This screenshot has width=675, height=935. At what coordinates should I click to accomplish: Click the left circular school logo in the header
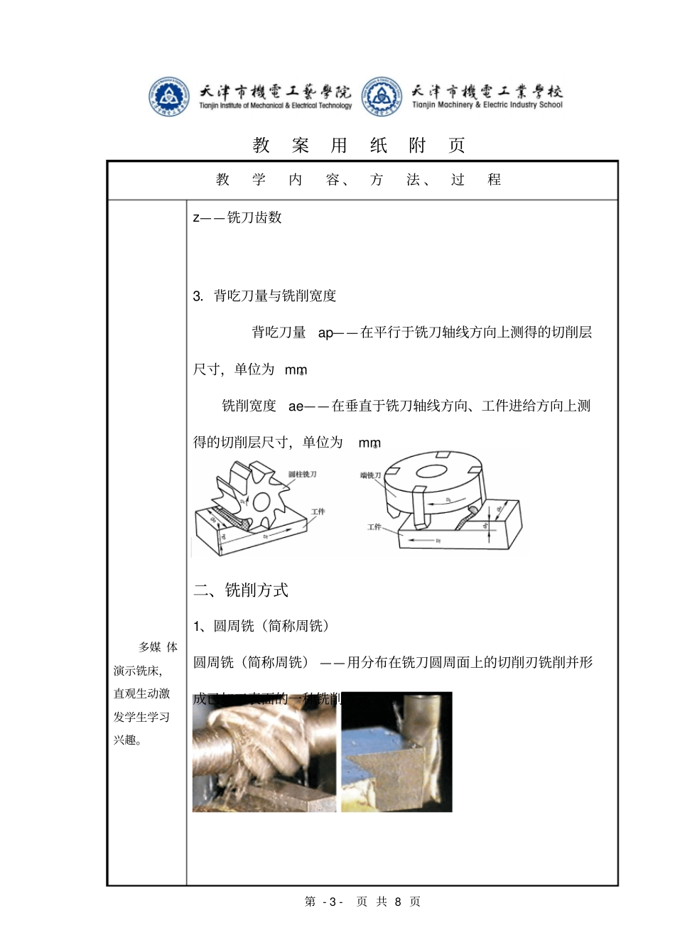(168, 97)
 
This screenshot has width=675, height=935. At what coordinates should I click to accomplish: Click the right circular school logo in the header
(382, 97)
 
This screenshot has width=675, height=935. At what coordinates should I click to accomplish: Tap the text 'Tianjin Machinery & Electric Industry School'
(487, 105)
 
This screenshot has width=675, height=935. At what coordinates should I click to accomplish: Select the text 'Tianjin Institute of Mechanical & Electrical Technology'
(276, 106)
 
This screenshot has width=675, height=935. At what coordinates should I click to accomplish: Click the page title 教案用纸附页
(359, 145)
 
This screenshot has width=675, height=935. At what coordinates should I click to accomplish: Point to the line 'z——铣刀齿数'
(237, 217)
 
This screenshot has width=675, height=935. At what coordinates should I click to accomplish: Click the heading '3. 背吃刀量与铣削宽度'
(264, 296)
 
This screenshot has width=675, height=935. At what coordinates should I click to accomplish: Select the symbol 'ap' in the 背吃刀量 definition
(325, 333)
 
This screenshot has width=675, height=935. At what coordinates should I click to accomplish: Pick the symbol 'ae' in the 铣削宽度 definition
(296, 406)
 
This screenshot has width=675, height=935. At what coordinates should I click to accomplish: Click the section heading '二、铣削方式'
(241, 590)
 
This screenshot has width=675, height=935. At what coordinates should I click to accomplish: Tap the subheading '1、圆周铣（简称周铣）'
(261, 626)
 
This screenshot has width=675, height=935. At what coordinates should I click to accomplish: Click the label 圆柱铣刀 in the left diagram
(302, 474)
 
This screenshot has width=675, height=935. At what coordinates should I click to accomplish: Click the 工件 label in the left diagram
(318, 512)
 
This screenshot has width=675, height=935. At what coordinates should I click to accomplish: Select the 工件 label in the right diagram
(374, 526)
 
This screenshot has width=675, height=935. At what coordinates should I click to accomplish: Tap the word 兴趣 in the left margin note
(125, 740)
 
